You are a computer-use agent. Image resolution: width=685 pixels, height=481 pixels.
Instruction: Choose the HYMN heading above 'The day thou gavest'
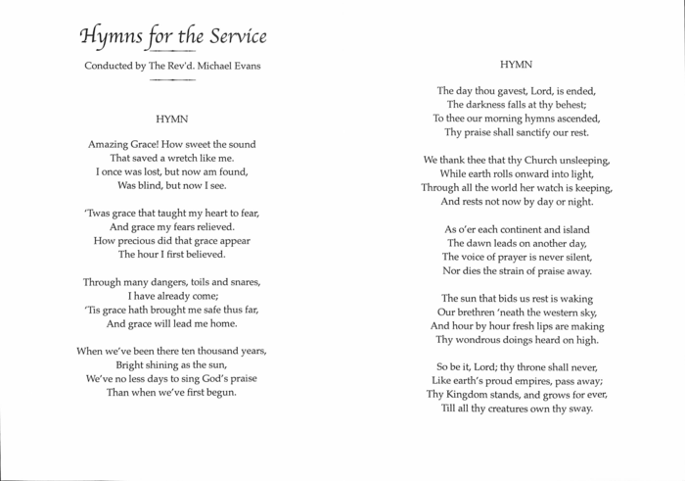(516, 64)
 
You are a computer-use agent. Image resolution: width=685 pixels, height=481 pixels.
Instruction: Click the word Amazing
(114, 144)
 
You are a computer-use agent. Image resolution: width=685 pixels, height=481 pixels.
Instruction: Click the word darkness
(483, 104)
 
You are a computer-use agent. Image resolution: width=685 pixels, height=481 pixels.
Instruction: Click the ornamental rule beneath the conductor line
(172, 79)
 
